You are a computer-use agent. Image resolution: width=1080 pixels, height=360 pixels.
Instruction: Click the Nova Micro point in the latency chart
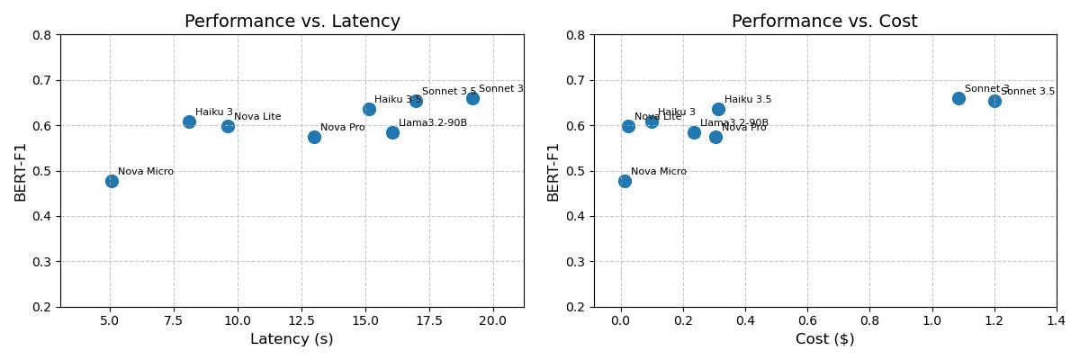112,181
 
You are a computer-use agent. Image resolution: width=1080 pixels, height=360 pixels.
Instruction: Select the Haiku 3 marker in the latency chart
189,121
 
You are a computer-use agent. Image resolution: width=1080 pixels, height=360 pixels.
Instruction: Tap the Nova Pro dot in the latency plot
314,137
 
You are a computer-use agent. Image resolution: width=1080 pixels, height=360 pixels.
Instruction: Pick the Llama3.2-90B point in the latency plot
392,132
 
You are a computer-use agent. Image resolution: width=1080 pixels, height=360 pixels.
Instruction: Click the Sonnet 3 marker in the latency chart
472,98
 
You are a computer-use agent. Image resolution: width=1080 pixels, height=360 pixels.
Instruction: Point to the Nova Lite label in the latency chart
257,117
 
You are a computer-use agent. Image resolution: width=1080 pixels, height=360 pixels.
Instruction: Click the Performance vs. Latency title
292,22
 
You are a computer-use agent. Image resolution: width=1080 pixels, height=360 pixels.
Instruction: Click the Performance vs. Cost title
824,22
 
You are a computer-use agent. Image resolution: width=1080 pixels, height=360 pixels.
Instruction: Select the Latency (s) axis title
292,339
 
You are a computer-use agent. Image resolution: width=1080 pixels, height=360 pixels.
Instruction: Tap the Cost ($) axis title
824,339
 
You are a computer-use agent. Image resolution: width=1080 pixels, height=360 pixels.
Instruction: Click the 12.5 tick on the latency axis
301,320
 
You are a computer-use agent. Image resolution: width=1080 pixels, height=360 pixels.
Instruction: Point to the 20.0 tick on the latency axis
493,320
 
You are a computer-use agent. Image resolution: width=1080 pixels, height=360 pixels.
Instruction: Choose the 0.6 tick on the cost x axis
807,320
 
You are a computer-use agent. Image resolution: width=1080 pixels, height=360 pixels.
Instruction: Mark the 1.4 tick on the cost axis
1057,320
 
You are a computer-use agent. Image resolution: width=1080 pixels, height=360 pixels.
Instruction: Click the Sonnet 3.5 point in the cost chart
994,101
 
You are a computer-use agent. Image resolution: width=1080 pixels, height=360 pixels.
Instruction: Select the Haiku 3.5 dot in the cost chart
718,109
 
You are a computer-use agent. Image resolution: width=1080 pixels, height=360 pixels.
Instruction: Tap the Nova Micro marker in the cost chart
625,181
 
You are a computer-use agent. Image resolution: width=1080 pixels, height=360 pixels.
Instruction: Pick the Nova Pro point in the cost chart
715,137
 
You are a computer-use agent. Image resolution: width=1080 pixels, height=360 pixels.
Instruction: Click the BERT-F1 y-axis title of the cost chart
553,171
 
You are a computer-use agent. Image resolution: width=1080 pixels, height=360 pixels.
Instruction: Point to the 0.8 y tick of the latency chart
44,35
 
